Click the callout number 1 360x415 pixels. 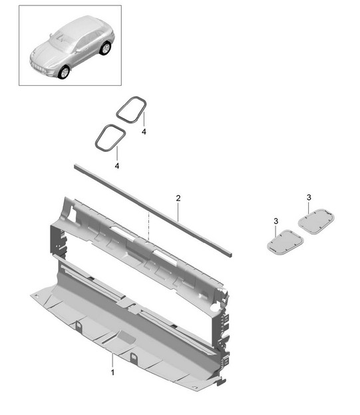point(112,372)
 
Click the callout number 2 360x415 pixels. point(178,198)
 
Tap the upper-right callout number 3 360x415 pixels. point(309,197)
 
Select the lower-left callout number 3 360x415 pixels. point(276,221)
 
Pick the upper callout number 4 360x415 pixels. point(144,131)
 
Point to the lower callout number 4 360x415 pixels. point(117,166)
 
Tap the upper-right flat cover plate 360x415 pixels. point(316,221)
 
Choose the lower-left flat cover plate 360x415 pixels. point(285,242)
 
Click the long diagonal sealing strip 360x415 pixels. point(153,210)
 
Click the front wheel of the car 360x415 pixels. point(64,72)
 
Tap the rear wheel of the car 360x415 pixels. point(105,48)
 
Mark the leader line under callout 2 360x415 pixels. point(178,212)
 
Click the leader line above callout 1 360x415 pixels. point(112,360)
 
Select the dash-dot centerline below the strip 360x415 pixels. point(149,226)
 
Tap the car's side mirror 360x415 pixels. point(79,50)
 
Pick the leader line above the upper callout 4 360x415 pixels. point(144,119)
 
